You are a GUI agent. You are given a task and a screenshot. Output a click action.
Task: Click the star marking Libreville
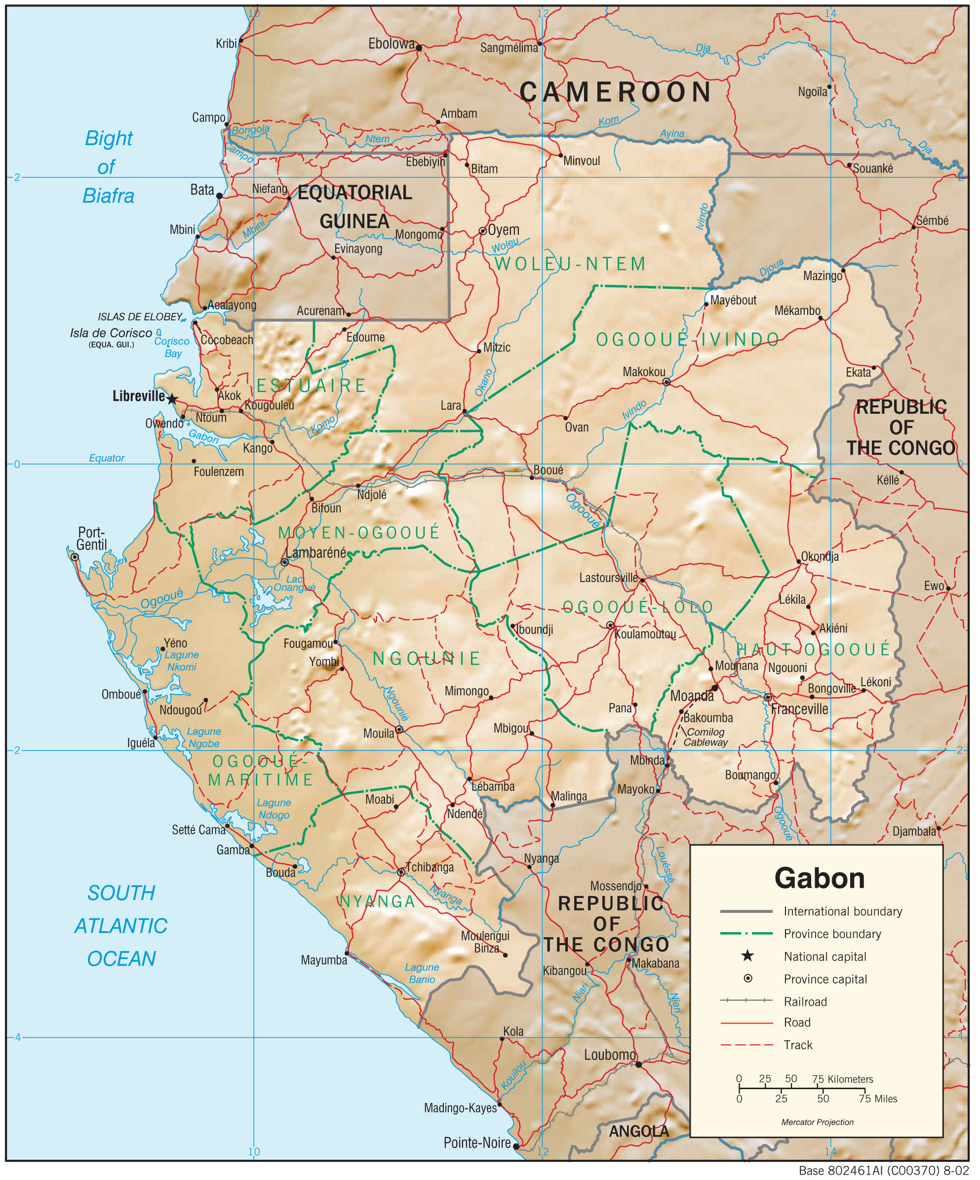click(x=172, y=399)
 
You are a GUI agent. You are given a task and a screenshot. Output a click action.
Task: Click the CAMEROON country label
click(x=615, y=92)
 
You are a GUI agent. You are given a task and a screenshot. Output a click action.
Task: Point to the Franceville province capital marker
click(x=768, y=697)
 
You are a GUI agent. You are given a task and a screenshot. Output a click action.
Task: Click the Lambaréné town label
click(x=316, y=553)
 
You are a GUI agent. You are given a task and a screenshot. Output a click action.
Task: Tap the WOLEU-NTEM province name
click(x=570, y=264)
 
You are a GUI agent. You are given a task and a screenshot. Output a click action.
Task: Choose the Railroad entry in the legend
click(x=805, y=1001)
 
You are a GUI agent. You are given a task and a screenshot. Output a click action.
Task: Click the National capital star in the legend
click(x=747, y=956)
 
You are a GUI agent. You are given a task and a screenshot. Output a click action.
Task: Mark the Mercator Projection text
click(x=817, y=1122)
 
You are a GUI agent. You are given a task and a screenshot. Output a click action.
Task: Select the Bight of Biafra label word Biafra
click(x=109, y=196)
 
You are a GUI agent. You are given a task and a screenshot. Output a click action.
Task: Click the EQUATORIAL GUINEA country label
click(x=354, y=207)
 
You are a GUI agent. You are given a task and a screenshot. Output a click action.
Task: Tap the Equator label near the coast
click(x=107, y=458)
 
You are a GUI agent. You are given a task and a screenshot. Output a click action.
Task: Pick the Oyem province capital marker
click(x=482, y=231)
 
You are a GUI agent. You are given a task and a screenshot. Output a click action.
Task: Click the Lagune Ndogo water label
click(x=274, y=809)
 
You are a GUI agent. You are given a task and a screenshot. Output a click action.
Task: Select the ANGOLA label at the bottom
click(x=639, y=1131)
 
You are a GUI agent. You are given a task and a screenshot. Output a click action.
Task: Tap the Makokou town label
click(x=644, y=372)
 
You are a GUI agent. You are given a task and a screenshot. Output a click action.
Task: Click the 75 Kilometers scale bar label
click(x=842, y=1079)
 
